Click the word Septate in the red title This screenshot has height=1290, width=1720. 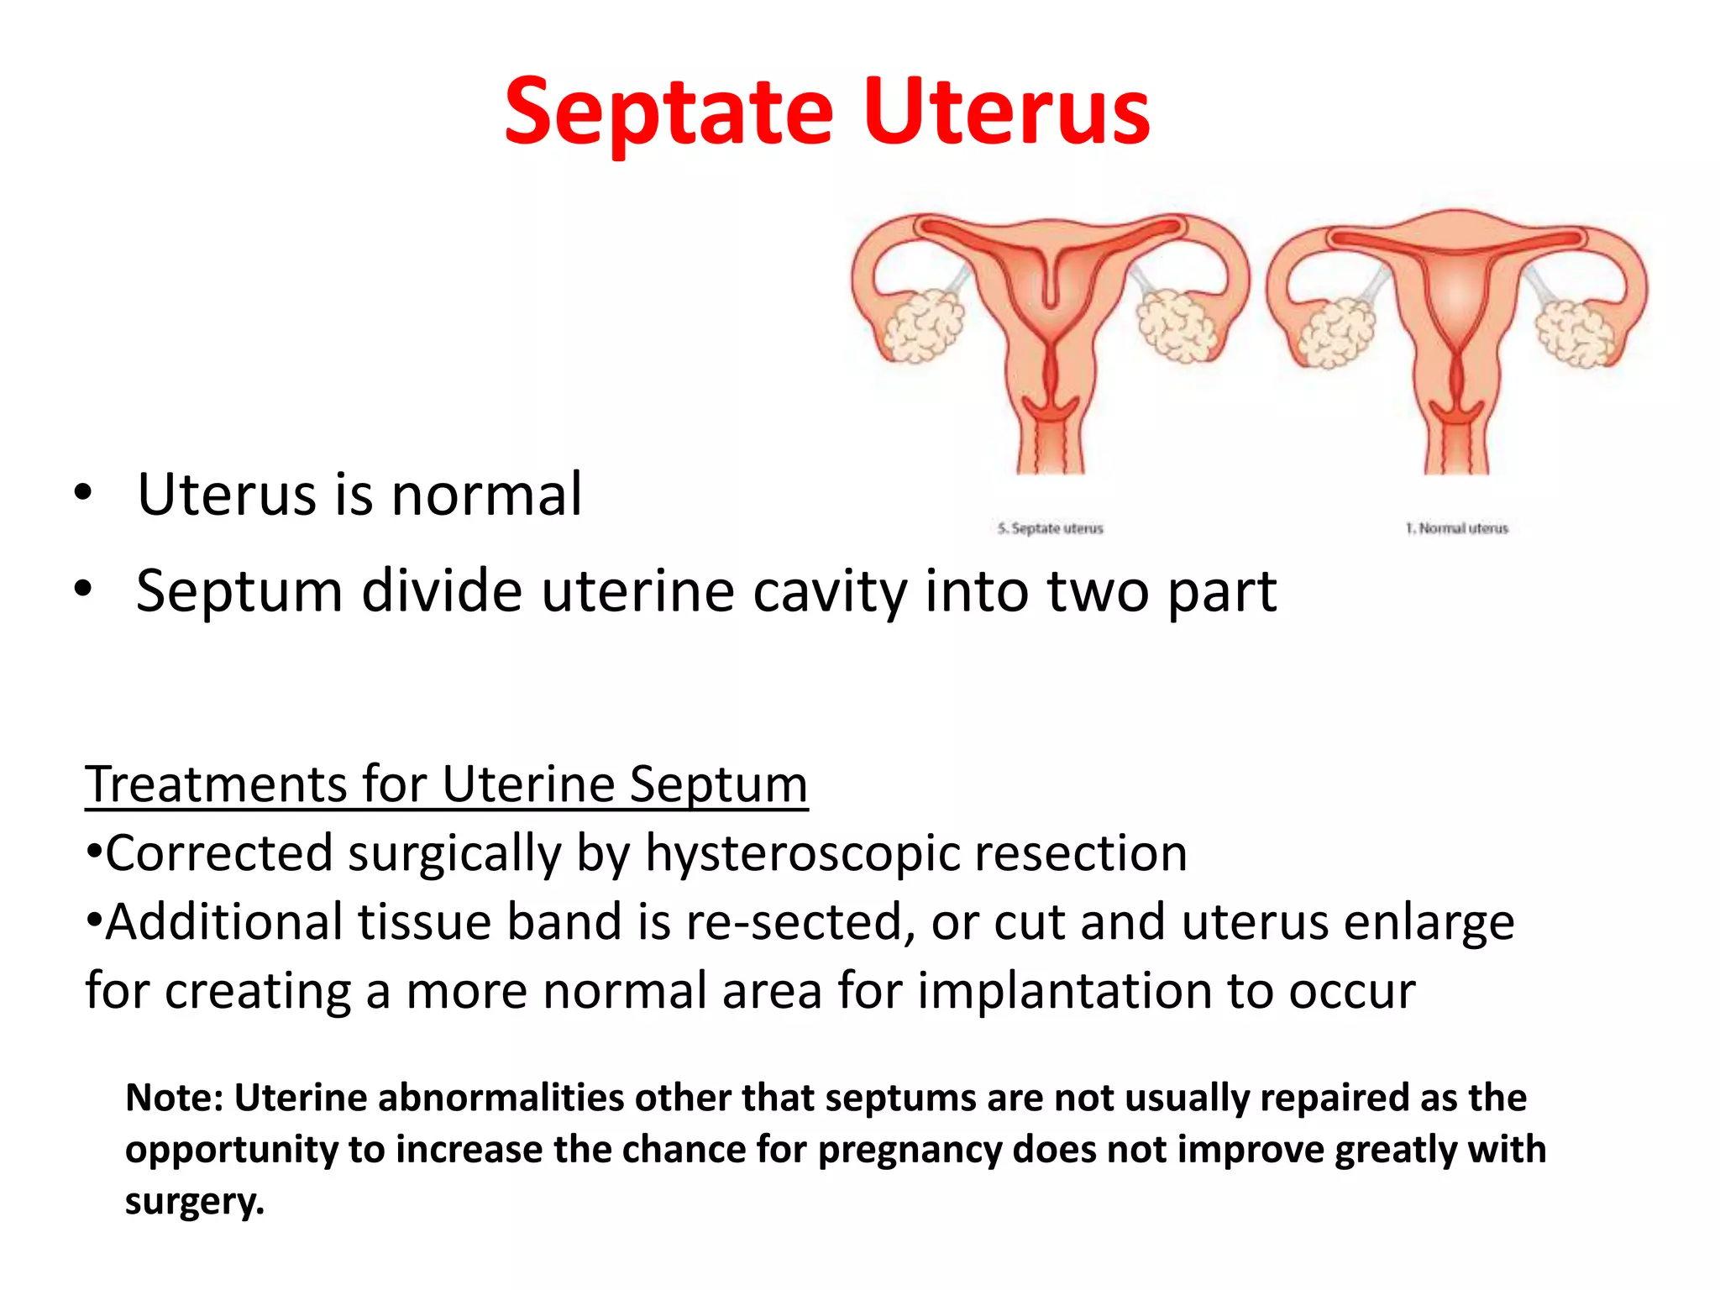coord(669,113)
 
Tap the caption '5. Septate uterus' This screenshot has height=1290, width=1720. coord(1050,528)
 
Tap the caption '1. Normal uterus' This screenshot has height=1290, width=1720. coord(1457,528)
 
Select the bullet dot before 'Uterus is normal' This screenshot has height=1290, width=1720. coord(81,493)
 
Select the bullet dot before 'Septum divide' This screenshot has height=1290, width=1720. coord(81,590)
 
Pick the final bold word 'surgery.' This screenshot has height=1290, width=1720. coord(195,1201)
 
